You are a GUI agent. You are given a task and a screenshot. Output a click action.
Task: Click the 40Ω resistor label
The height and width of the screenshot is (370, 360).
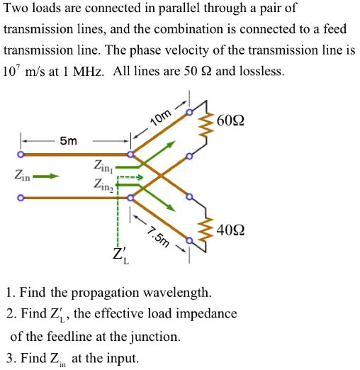pyautogui.click(x=234, y=231)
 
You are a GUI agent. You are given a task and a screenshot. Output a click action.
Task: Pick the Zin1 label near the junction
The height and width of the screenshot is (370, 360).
pyautogui.click(x=101, y=167)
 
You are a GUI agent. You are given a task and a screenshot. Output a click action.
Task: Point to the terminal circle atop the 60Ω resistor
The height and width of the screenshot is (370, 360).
pyautogui.click(x=189, y=112)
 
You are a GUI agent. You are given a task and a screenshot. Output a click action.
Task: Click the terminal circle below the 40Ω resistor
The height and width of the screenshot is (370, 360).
pyautogui.click(x=189, y=249)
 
